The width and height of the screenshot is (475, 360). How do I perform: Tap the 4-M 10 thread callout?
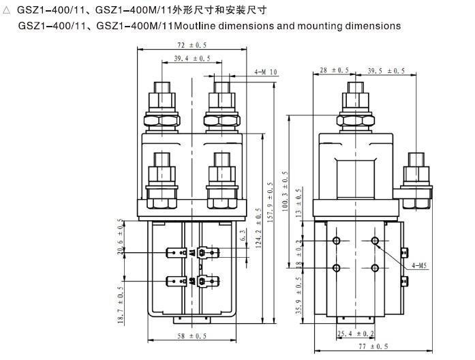click(265, 72)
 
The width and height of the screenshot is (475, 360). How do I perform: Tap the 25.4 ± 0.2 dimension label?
click(356, 334)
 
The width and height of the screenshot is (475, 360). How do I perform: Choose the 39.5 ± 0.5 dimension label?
click(385, 70)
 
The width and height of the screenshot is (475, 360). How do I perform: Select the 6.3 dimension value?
click(243, 236)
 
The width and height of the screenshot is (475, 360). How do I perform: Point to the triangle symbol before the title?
click(7, 10)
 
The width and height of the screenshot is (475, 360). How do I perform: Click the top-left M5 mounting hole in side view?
click(336, 241)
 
